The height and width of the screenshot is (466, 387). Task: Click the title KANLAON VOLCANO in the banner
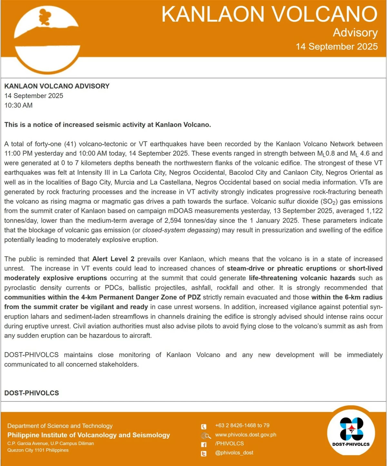[269, 14]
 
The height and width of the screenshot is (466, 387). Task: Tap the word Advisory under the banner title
[355, 33]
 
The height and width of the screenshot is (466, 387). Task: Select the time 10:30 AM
[18, 105]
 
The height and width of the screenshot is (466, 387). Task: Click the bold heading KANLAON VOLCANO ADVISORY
[57, 86]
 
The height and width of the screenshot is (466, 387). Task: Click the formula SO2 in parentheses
[330, 202]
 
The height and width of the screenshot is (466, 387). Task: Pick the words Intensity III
[94, 173]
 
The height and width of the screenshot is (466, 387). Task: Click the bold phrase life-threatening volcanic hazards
[302, 278]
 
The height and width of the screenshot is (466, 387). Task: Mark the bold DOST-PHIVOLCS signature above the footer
[32, 393]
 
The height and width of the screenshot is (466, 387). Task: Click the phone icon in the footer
[204, 427]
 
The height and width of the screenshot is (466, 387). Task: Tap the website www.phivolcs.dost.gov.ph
[246, 435]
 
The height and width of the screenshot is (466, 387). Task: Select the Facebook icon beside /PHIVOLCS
[204, 445]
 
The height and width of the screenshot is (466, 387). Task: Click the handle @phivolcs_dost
[234, 453]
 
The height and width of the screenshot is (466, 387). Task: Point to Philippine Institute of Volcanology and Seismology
[89, 435]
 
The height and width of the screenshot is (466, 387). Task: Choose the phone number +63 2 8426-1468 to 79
[242, 426]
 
